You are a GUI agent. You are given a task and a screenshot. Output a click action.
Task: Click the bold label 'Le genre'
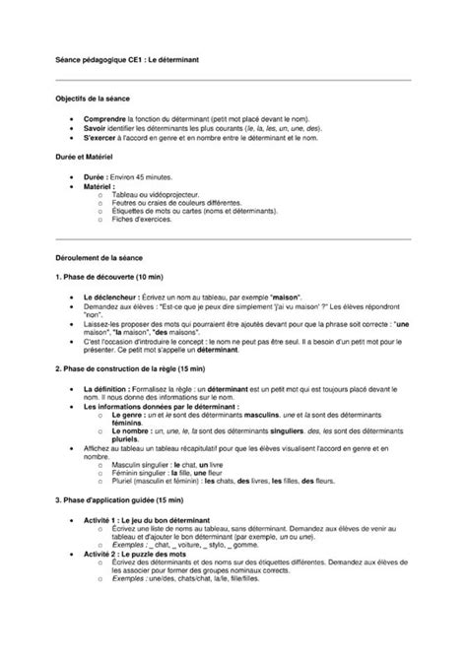(x=127, y=418)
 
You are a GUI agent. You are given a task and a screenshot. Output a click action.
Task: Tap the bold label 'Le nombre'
(x=130, y=433)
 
